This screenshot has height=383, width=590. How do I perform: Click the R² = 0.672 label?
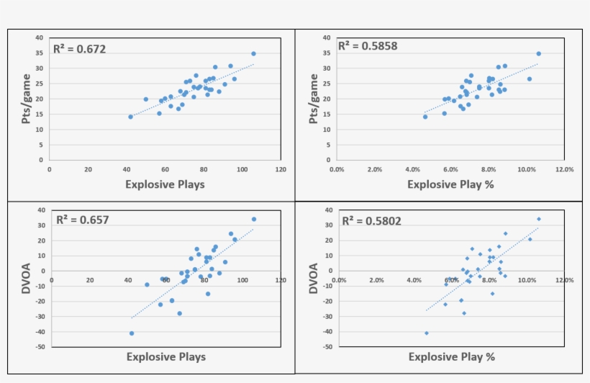tap(80, 50)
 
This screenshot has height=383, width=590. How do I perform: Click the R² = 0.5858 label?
tap(368, 46)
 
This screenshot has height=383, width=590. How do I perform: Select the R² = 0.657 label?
tap(83, 220)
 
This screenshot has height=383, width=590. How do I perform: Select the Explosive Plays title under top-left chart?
tap(165, 184)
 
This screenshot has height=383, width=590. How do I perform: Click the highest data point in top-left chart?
tap(253, 53)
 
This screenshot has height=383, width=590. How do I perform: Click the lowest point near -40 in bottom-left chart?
tap(132, 333)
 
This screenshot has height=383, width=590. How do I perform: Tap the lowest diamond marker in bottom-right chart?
tap(427, 333)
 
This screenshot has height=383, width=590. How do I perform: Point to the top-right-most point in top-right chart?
tap(538, 53)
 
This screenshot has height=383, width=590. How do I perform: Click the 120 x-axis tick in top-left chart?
tap(281, 170)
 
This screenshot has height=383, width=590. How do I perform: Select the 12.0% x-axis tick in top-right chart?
tap(564, 170)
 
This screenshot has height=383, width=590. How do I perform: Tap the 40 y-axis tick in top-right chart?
tap(327, 37)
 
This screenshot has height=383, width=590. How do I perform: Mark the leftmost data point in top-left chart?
tap(130, 117)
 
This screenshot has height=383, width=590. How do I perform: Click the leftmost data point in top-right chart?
tap(425, 117)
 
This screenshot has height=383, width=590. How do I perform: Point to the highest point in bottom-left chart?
tap(253, 219)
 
